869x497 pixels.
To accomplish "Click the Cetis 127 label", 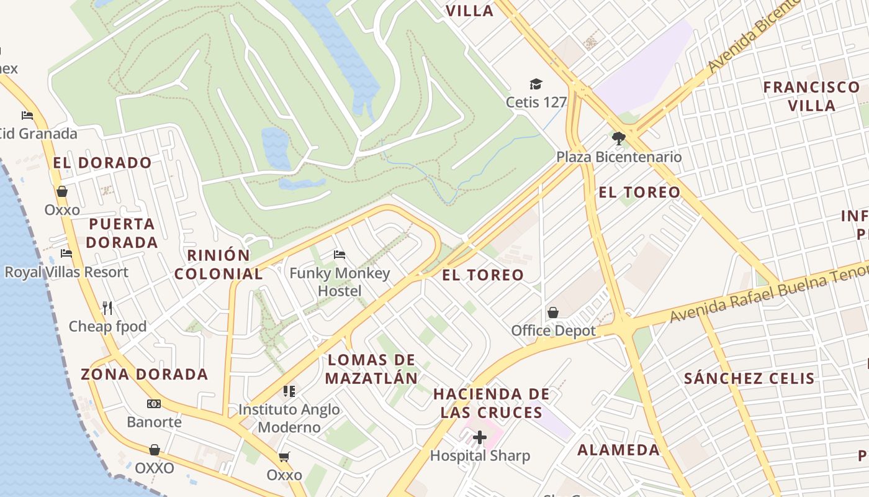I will [536, 102].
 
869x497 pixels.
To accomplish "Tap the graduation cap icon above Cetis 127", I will [536, 84].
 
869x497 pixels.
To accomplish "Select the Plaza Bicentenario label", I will [618, 157].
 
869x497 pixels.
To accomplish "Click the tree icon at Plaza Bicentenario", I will [618, 139].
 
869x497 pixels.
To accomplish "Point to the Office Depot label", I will [553, 331].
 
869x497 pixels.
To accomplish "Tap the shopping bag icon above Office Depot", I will [553, 312].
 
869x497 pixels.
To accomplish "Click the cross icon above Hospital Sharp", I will [480, 437].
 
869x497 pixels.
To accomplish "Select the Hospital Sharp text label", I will [480, 456].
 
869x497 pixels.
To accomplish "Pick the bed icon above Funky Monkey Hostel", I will [340, 255].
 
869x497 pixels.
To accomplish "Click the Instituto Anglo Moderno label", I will [289, 418].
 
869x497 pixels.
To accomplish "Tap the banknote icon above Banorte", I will [154, 404].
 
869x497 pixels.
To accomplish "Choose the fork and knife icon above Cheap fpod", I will [107, 308].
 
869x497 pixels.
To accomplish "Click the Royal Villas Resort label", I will [66, 272].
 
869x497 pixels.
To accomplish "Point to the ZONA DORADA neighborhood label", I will [145, 374].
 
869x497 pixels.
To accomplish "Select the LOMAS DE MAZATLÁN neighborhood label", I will [371, 369].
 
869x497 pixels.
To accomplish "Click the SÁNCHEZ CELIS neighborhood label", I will [749, 378].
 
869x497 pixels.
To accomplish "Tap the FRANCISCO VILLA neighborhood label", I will [811, 96].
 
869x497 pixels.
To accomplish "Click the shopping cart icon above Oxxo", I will [284, 457].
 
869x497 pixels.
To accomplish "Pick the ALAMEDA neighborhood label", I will [619, 450].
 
